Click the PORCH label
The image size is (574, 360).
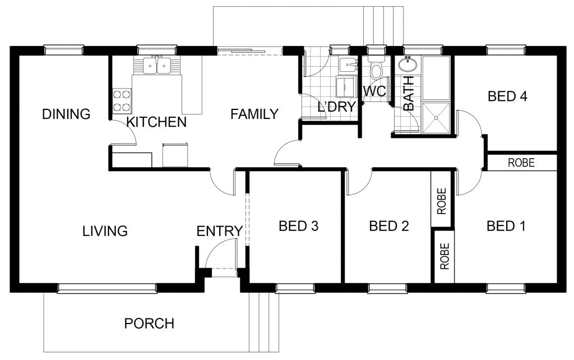point(149,324)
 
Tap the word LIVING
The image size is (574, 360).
point(105,231)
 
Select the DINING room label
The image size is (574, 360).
point(66,114)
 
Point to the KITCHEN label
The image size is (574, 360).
point(156,122)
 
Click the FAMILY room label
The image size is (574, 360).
point(254,114)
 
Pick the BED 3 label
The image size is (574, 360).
point(298,226)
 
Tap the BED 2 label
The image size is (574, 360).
point(389,226)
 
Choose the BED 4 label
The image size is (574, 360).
point(507,96)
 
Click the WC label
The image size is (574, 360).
point(374,91)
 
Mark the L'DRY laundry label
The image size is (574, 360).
point(336,107)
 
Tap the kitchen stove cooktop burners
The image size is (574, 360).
point(122,101)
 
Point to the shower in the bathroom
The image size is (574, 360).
point(436,118)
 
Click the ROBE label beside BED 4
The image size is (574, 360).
point(521,163)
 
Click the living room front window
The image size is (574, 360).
point(107,288)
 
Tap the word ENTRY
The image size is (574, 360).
point(220,231)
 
